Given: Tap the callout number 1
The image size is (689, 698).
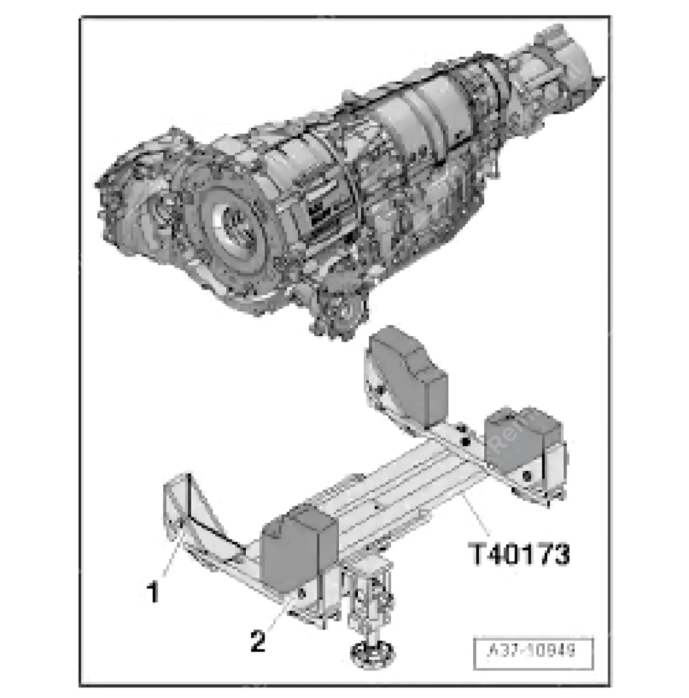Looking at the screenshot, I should click(x=153, y=592).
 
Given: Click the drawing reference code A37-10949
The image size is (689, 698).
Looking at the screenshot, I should click(x=533, y=652).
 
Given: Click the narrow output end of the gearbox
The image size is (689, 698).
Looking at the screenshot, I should click(x=562, y=69).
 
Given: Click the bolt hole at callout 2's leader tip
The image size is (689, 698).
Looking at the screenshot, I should click(x=301, y=593).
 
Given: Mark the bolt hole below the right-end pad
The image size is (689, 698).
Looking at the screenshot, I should click(x=528, y=475).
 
